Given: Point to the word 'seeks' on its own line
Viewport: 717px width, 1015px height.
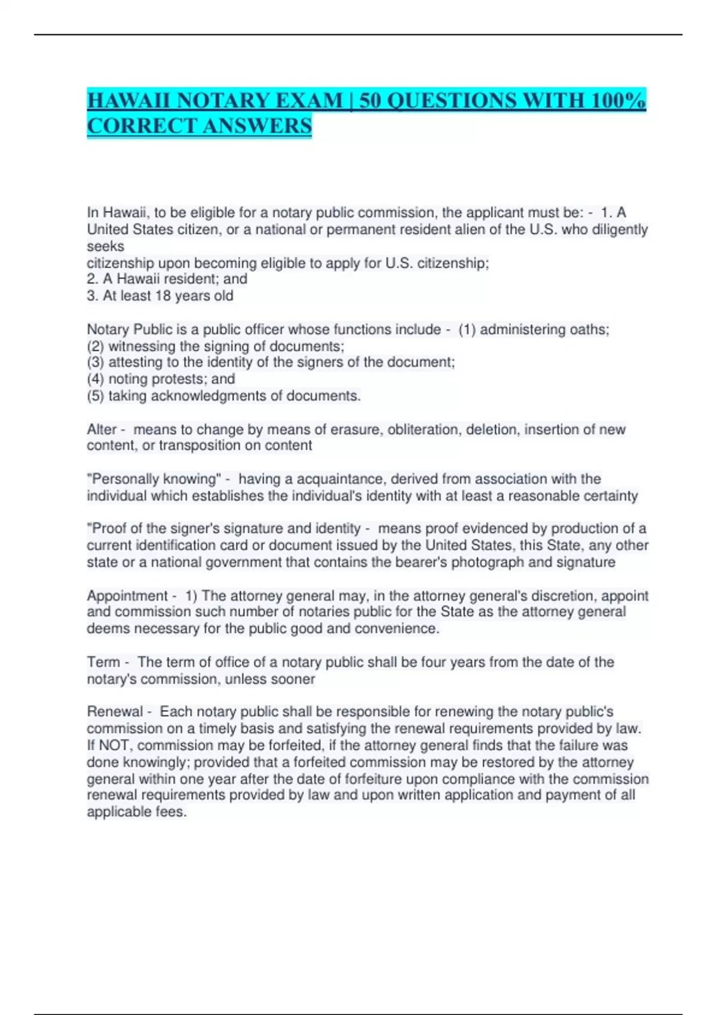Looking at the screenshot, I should (106, 246).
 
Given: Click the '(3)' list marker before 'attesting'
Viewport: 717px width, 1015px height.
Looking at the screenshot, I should (96, 362).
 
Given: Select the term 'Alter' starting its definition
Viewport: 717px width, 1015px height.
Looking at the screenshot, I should (102, 429).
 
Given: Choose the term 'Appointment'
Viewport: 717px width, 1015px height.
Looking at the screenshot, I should (127, 595).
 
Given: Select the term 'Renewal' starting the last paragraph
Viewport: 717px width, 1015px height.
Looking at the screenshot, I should (115, 711).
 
